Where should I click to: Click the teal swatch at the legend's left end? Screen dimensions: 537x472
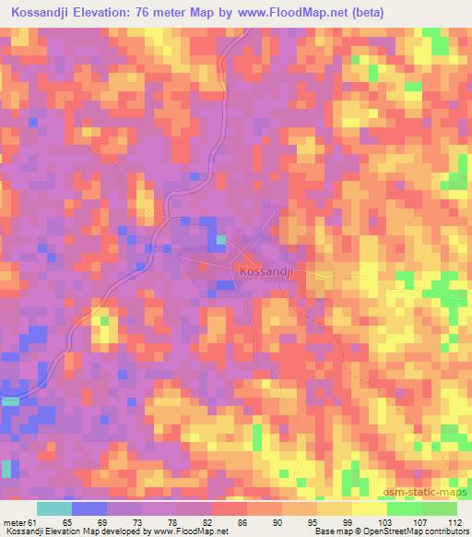pos(54,508)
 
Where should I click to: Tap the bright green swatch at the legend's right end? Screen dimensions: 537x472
pos(439,508)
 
